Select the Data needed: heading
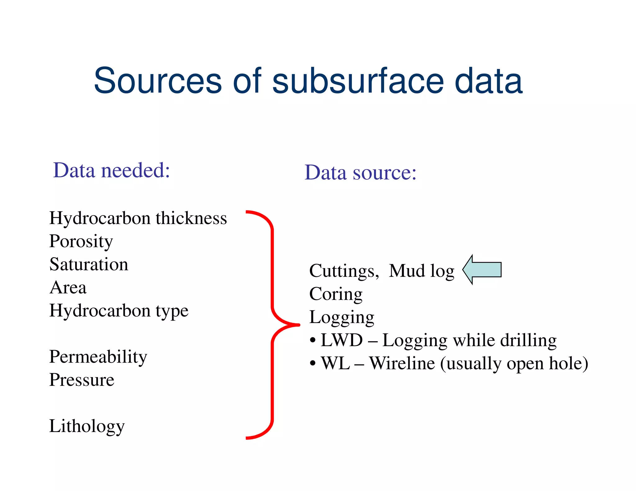(x=111, y=170)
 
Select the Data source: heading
(x=360, y=173)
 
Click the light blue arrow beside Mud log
(x=482, y=269)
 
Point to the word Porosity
(x=81, y=241)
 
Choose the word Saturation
(x=89, y=264)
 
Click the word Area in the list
(x=68, y=287)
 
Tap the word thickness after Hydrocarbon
(x=191, y=218)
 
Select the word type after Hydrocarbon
(x=172, y=311)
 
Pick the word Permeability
(x=98, y=357)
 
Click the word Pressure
(x=82, y=380)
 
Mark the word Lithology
(x=87, y=426)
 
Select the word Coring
(x=336, y=294)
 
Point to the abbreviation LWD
(x=342, y=340)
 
